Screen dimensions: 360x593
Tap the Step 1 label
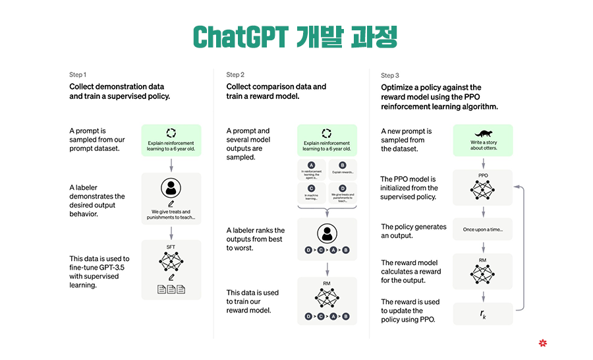78,75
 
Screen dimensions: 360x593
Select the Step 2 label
235,75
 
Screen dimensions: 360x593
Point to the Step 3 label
390,75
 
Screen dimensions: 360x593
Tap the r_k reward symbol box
483,313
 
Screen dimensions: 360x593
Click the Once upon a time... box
483,229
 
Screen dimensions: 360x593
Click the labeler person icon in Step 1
171,188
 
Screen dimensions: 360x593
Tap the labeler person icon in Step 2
327,233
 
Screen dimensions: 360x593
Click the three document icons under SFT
171,289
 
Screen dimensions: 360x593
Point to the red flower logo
543,343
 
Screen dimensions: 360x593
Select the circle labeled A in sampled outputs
312,165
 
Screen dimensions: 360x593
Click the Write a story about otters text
483,145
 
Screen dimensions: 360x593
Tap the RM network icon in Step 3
483,272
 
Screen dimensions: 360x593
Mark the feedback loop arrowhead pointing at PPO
517,187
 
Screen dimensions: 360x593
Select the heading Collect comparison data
276,86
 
